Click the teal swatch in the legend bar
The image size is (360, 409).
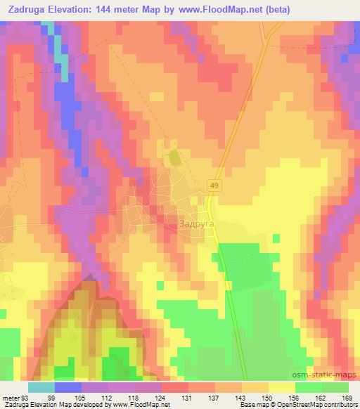41,387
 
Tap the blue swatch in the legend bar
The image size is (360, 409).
68,387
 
